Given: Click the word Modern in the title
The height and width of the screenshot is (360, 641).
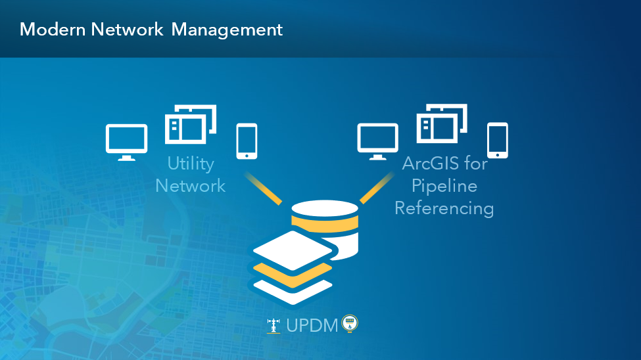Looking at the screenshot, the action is pos(53,30).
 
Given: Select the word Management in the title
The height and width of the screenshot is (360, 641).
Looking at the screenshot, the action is pos(227,30).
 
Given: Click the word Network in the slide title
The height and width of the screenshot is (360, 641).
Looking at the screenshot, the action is pos(127,30).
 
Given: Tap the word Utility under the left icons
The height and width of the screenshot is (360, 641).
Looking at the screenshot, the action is pos(191,164).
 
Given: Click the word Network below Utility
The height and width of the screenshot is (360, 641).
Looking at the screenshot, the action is pos(191,186).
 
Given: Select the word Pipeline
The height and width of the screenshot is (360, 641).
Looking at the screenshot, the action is pos(444,187).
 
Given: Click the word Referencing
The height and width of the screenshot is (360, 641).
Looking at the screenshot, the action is pos(444,208).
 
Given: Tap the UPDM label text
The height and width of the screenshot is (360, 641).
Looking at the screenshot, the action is pos(312,326).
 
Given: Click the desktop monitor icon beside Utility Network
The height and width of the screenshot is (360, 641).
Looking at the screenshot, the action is pos(127,142).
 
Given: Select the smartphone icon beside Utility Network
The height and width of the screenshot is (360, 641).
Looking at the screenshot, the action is pos(247,141).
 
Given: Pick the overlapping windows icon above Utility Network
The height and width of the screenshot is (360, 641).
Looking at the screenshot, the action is pos(191,124).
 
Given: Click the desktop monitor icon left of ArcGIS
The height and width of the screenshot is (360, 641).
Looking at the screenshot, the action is pos(378,141).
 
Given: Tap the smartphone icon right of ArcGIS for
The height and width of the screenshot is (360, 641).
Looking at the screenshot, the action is pos(498,140).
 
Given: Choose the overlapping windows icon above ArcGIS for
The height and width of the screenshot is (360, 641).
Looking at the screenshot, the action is pos(442,124).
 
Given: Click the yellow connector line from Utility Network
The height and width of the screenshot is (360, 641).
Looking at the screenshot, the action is pos(263,188).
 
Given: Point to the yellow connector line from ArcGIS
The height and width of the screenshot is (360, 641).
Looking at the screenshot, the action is pos(377,188).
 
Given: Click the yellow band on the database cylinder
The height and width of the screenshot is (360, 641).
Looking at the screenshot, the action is pos(325,223).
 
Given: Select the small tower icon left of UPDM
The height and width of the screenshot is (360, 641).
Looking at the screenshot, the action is pos(273,326).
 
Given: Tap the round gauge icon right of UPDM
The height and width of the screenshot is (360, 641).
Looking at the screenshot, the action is pos(350,324).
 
